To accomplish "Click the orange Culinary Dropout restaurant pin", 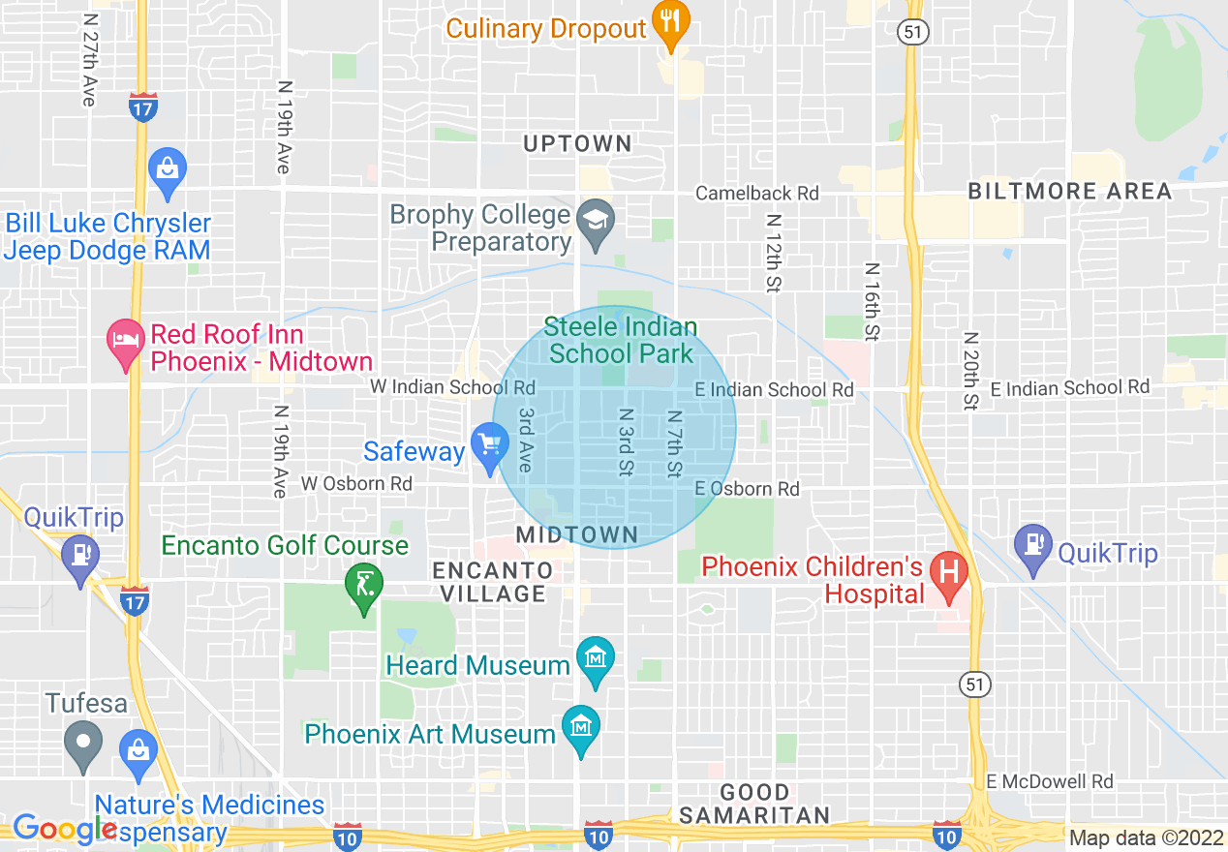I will pyautogui.click(x=669, y=23).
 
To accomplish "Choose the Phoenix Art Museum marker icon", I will pyautogui.click(x=581, y=728).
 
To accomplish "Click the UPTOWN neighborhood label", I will pyautogui.click(x=577, y=143).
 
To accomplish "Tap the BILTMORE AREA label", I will pyautogui.click(x=1070, y=191).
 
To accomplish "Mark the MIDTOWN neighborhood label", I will pyautogui.click(x=577, y=534).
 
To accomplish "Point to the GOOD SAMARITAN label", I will pyautogui.click(x=754, y=804).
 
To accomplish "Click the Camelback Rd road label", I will pyautogui.click(x=757, y=194).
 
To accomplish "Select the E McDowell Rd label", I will pyautogui.click(x=1050, y=781).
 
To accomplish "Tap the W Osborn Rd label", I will pyautogui.click(x=356, y=483).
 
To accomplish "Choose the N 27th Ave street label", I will pyautogui.click(x=90, y=60).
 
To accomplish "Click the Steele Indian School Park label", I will pyautogui.click(x=621, y=340).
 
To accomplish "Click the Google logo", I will pyautogui.click(x=64, y=829).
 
